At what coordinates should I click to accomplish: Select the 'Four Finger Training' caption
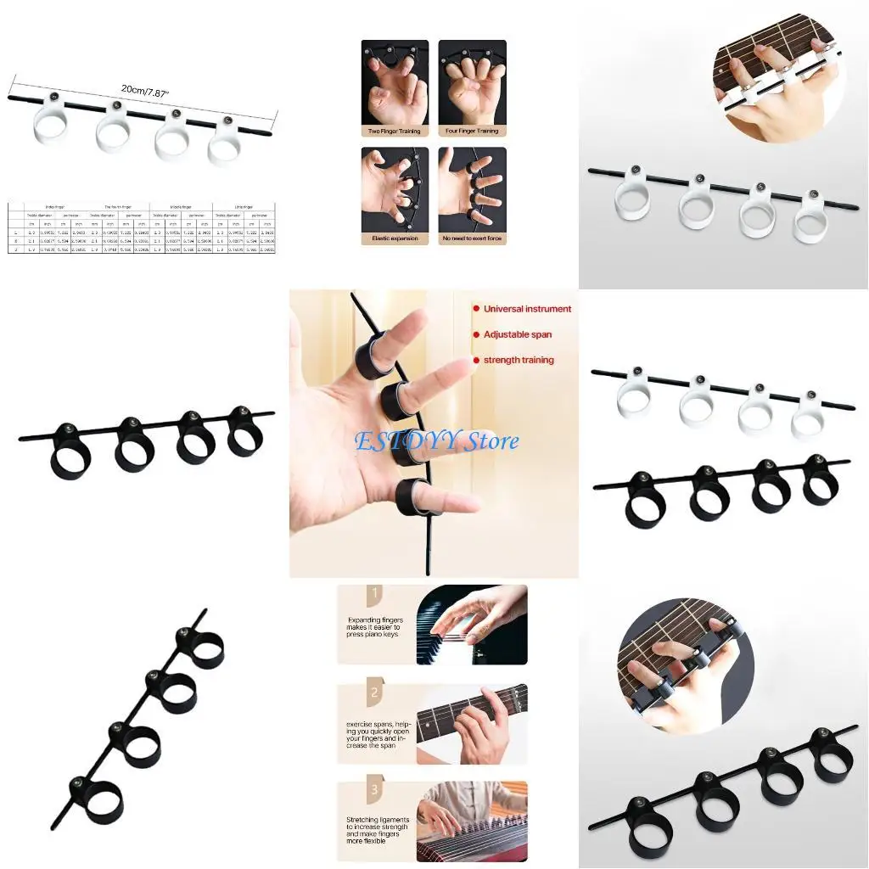(x=472, y=132)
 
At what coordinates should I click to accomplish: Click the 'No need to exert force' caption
(x=472, y=238)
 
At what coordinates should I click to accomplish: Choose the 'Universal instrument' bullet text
(x=527, y=309)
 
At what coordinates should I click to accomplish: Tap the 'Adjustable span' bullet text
(x=518, y=334)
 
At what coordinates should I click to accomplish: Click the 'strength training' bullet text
(x=519, y=360)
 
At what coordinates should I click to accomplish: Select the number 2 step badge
(x=373, y=692)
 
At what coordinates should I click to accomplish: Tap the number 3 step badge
(x=373, y=788)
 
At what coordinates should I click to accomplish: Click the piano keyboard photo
(x=472, y=625)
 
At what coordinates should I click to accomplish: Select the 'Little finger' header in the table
(x=247, y=205)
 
